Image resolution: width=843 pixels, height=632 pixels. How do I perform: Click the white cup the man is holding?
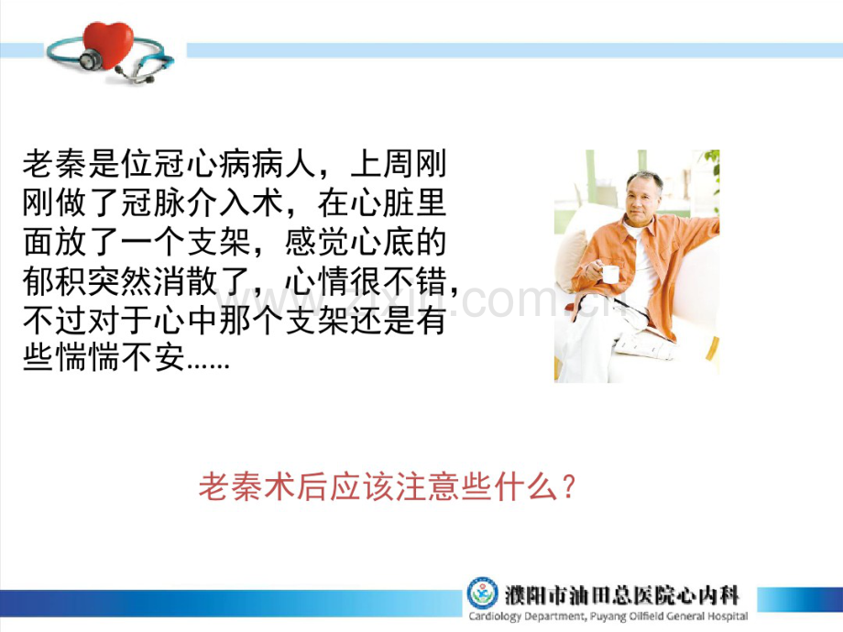[x=609, y=273]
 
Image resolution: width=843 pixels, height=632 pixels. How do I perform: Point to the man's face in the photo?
[x=645, y=195]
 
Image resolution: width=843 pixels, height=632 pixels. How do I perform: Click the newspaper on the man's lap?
[x=641, y=343]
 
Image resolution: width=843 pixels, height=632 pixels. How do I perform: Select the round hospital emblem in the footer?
[x=482, y=594]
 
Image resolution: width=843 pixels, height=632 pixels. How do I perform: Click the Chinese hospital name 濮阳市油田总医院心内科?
[x=621, y=594]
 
